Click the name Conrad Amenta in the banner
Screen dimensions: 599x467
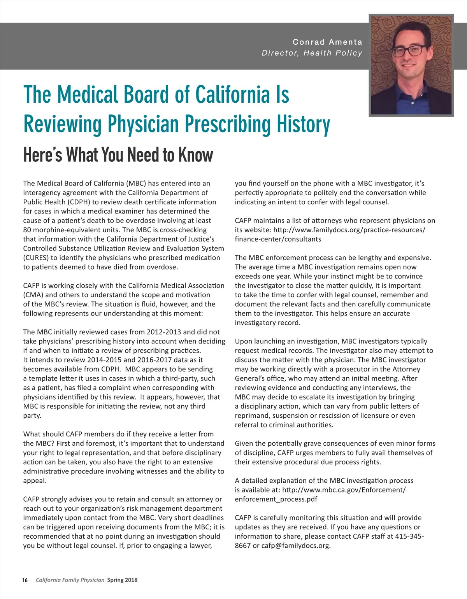coord(327,42)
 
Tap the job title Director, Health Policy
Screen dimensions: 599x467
coord(312,53)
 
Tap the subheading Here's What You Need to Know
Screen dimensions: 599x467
coord(118,155)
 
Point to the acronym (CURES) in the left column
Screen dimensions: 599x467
coord(35,258)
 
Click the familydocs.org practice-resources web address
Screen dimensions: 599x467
coord(349,230)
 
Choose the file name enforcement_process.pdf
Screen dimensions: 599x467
coord(276,499)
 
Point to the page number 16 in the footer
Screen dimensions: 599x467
coord(25,580)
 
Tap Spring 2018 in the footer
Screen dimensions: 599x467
coord(122,580)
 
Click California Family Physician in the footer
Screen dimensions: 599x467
coord(70,580)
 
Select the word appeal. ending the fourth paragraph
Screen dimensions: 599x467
coord(35,481)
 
